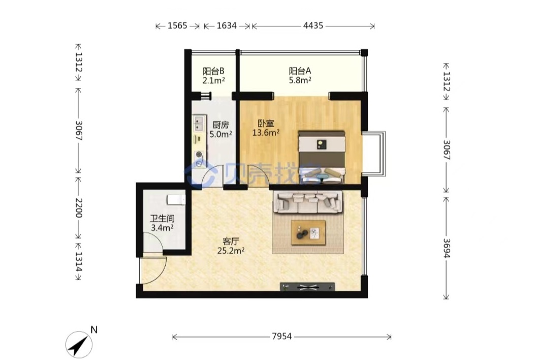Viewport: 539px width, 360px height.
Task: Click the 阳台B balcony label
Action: coord(213,71)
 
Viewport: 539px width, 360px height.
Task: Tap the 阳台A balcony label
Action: coord(300,71)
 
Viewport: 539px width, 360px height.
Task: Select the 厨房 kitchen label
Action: coord(220,125)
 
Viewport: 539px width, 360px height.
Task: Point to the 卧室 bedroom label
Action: coord(266,123)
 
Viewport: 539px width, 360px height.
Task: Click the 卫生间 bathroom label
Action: coord(162,218)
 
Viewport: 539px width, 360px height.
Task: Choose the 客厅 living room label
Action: coord(231,241)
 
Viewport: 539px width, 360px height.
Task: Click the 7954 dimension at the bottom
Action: coord(282,336)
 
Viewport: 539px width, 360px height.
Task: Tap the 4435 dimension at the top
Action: coord(313,25)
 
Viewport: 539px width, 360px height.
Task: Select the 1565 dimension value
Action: coord(177,25)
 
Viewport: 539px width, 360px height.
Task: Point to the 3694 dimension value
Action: coord(447,248)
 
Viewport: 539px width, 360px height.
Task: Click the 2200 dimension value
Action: coord(79,208)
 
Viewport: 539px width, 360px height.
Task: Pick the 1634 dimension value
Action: coord(227,25)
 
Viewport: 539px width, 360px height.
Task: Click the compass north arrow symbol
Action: coord(79,345)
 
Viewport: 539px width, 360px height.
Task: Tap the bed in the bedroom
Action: coord(322,157)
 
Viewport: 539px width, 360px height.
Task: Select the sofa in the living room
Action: coord(308,202)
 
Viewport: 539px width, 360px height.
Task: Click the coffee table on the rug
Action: coord(308,233)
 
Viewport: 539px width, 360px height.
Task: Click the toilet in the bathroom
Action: coord(176,200)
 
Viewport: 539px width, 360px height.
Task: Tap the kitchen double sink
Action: coord(199,123)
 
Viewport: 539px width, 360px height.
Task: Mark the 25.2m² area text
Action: coord(231,251)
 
